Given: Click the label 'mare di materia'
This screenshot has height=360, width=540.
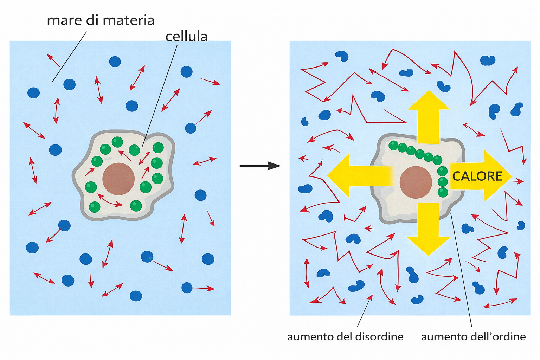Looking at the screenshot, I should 101,20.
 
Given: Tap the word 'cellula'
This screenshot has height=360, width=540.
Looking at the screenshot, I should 186,36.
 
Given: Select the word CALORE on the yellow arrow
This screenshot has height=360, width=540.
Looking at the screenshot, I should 477,176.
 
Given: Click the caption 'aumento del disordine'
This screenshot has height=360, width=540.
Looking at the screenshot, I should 345,337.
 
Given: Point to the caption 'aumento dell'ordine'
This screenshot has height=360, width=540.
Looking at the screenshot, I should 473,337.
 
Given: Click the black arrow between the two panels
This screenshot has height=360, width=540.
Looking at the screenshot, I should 260,166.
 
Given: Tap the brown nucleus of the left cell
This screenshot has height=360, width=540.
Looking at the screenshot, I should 118,179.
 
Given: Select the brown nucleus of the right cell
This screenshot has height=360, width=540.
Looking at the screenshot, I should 416,182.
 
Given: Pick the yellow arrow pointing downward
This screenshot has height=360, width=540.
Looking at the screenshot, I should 429,229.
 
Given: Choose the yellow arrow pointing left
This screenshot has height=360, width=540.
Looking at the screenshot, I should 355,175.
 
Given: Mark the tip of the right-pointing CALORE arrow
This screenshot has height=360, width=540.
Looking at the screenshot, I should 510,175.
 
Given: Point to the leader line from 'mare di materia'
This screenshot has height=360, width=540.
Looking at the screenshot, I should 70,56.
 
